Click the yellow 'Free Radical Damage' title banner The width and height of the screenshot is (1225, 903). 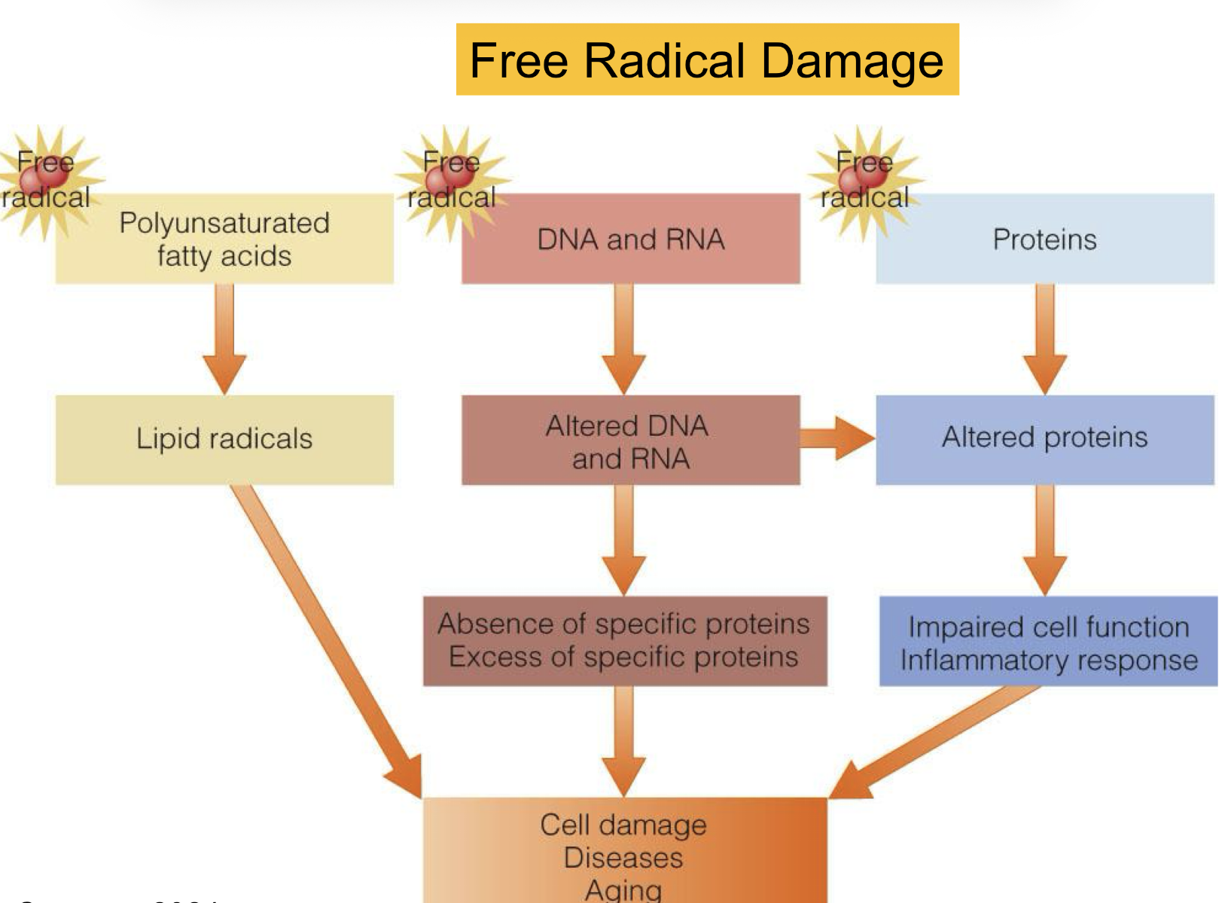[707, 59]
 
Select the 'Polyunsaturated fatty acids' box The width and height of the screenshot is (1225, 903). [224, 239]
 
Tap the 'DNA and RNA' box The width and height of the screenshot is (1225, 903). [630, 239]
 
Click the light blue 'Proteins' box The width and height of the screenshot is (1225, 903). [1044, 239]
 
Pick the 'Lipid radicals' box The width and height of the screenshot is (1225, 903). [224, 439]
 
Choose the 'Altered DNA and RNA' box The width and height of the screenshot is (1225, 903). [630, 441]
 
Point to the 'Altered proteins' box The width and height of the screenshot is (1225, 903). [1044, 438]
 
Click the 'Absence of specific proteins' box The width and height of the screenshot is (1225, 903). [624, 641]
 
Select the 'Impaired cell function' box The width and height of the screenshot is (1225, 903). [1048, 642]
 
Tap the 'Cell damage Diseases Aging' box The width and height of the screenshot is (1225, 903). [624, 851]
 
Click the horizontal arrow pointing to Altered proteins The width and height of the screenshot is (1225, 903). [836, 438]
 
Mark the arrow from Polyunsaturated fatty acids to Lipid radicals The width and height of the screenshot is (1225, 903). [224, 339]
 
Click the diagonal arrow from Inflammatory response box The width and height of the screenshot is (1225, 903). [934, 742]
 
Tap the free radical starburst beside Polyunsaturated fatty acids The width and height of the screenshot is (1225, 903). [47, 181]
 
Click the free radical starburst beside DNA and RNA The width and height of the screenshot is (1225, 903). [452, 181]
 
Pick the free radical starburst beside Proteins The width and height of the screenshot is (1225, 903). [864, 181]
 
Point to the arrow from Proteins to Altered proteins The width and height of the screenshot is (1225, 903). [1044, 339]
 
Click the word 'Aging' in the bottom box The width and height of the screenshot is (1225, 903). [623, 890]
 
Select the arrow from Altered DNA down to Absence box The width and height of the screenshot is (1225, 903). [624, 538]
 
